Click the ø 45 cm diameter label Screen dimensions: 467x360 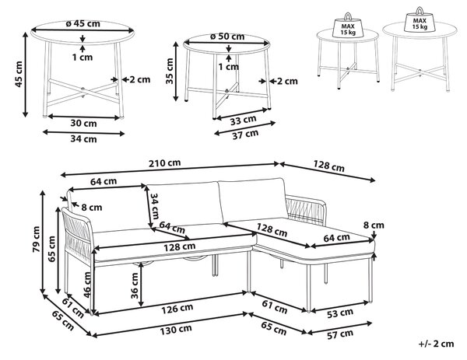[x=83, y=23]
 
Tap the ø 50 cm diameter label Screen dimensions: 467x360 [x=227, y=37]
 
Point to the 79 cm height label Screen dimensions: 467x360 [x=37, y=239]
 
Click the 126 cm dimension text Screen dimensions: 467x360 [x=177, y=309]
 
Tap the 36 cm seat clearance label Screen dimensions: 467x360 [x=135, y=285]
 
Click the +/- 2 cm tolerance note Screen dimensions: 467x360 [x=436, y=344]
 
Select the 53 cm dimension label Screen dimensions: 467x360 [x=340, y=313]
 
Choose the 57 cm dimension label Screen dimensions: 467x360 [x=340, y=334]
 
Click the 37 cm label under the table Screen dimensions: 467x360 [x=245, y=135]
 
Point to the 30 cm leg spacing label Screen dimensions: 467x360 [x=83, y=123]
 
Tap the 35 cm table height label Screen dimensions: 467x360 [x=170, y=71]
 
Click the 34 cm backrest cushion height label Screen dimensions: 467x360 [x=155, y=206]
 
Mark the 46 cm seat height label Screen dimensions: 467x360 [x=87, y=284]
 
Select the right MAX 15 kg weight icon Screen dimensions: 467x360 [x=420, y=19]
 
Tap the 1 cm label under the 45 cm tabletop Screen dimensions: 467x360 [x=83, y=57]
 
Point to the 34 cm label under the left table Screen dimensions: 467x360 [x=83, y=139]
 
